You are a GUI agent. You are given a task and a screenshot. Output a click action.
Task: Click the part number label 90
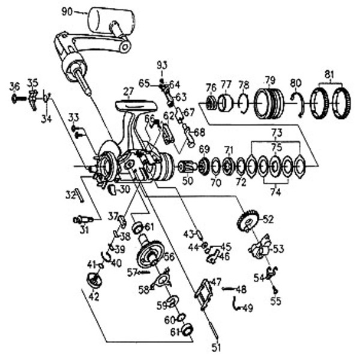click(x=67, y=12)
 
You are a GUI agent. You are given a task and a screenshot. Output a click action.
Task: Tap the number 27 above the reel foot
click(x=128, y=92)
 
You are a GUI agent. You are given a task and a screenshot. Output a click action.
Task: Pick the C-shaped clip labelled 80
click(x=299, y=104)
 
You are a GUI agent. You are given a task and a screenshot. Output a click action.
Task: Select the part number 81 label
click(x=329, y=74)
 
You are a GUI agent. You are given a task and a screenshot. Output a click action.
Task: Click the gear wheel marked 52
click(x=248, y=220)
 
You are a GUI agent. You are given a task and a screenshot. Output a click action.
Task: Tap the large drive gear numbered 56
click(x=151, y=253)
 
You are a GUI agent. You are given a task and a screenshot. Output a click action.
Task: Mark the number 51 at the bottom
click(x=216, y=348)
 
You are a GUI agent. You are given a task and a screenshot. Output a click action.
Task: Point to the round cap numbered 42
click(x=94, y=280)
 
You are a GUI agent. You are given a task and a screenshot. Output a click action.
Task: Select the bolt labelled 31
click(x=83, y=220)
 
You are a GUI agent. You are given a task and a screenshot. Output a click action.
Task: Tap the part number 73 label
click(x=277, y=133)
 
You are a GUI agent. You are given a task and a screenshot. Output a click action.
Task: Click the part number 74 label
click(x=275, y=192)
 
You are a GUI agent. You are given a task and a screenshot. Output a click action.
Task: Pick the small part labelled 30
click(x=112, y=189)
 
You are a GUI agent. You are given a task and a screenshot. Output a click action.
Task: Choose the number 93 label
click(x=162, y=65)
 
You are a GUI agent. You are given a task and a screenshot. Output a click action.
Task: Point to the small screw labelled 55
click(x=275, y=290)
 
